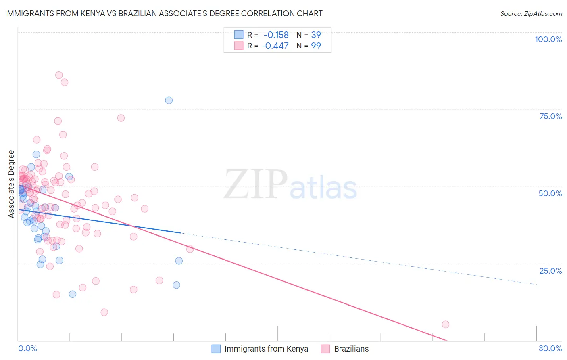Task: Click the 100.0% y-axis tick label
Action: pos(548,39)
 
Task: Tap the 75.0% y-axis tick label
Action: pos(550,116)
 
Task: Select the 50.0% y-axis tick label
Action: pos(550,193)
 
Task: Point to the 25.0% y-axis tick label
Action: pos(550,271)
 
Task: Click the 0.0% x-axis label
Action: pos(27,348)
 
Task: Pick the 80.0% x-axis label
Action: pos(550,348)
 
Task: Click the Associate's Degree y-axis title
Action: pos(11,184)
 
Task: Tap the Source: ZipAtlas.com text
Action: pos(531,13)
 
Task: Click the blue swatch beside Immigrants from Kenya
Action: pos(216,349)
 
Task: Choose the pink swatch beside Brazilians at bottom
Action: pos(326,349)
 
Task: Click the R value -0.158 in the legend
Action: pos(276,35)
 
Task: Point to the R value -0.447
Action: pos(275,46)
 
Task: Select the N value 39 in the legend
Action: pos(316,35)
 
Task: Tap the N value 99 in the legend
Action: pos(316,46)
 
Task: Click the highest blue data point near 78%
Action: pos(169,100)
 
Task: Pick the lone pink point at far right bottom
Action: pos(446,324)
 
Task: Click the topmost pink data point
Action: pos(59,75)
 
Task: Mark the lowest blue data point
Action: pos(73,294)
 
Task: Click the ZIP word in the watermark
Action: pos(256,184)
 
